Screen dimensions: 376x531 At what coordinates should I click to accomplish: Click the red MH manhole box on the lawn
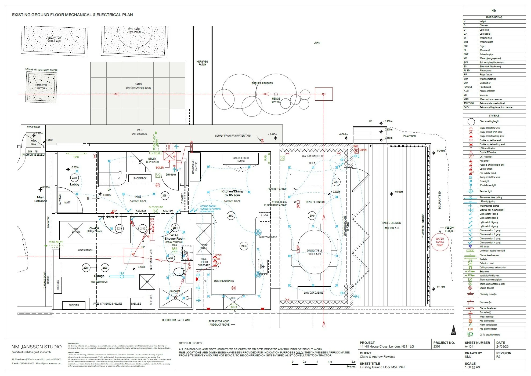pos(323,94)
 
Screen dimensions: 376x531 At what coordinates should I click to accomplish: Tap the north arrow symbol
pos(453,330)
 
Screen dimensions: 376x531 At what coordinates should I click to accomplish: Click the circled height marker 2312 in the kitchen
pos(231,216)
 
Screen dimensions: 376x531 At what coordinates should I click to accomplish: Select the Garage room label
pos(99,276)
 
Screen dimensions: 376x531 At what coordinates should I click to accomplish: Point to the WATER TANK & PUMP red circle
pos(440,242)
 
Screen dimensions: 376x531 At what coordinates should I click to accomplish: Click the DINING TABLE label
pos(314,251)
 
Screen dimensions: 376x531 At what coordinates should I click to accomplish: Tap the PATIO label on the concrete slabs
pos(138,84)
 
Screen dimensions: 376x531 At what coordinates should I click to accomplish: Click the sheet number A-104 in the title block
pos(469,346)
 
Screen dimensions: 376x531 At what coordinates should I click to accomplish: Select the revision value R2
pos(498,357)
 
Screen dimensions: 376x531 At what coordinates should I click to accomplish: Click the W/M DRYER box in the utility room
pos(75,230)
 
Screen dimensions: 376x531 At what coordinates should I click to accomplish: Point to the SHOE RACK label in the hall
pos(140,178)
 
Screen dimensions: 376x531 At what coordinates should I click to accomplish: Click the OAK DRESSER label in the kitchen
pos(241,158)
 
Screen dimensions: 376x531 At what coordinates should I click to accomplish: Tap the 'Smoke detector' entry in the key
pos(487,288)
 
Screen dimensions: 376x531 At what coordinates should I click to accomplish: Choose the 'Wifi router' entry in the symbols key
pos(484,247)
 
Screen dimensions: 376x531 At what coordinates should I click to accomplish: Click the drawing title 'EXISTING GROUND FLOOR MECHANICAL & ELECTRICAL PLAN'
pos(72,15)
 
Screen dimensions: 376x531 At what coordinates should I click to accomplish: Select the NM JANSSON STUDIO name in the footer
pos(37,347)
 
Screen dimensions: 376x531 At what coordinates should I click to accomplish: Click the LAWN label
pos(317,43)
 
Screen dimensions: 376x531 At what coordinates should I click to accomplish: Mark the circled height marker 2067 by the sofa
pos(336,182)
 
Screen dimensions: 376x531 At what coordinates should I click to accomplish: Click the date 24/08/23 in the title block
pos(502,346)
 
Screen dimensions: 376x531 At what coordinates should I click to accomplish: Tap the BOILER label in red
pos(160,167)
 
